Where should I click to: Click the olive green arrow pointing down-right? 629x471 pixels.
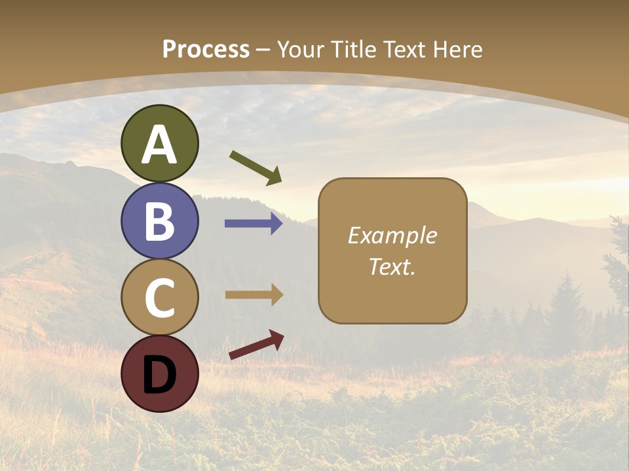point(256,167)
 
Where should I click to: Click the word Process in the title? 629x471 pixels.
point(206,50)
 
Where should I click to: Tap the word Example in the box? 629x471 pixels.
point(392,235)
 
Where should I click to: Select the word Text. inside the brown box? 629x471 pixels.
point(392,267)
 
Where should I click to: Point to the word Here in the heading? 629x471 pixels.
point(459,50)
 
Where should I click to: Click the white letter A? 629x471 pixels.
point(160,145)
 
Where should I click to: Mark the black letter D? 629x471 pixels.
point(160,374)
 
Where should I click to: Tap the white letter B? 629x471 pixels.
point(160,221)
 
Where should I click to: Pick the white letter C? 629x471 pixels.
point(160,298)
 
